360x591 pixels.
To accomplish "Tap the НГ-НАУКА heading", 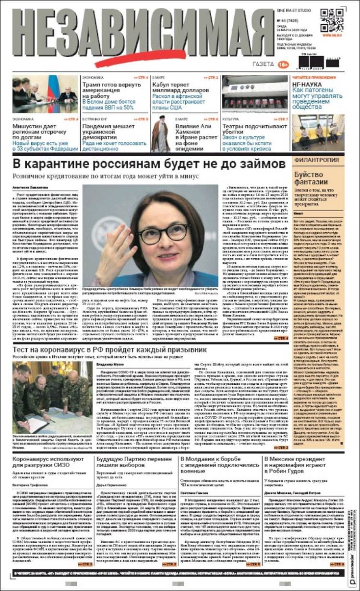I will pyautogui.click(x=308, y=83).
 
